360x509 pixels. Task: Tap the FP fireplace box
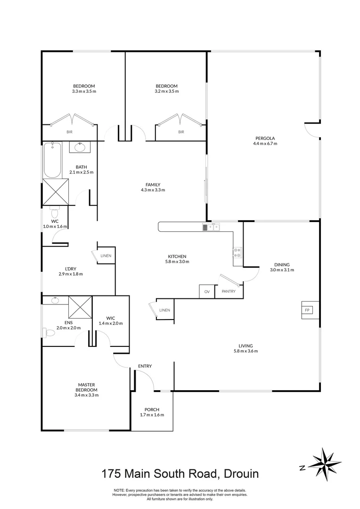[307, 310]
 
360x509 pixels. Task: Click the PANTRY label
[229, 292]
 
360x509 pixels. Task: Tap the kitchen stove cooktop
[237, 252]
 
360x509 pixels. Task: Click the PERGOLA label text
[265, 138]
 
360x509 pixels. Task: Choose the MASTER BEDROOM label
[86, 387]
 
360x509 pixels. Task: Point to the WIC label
[111, 318]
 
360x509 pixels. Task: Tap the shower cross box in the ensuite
[80, 307]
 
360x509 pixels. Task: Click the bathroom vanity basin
[80, 148]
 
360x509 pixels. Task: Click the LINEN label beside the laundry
[106, 256]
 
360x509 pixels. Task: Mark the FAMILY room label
[153, 185]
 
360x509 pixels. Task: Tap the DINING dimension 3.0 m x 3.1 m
[282, 270]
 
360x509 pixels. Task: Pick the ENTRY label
[145, 366]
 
